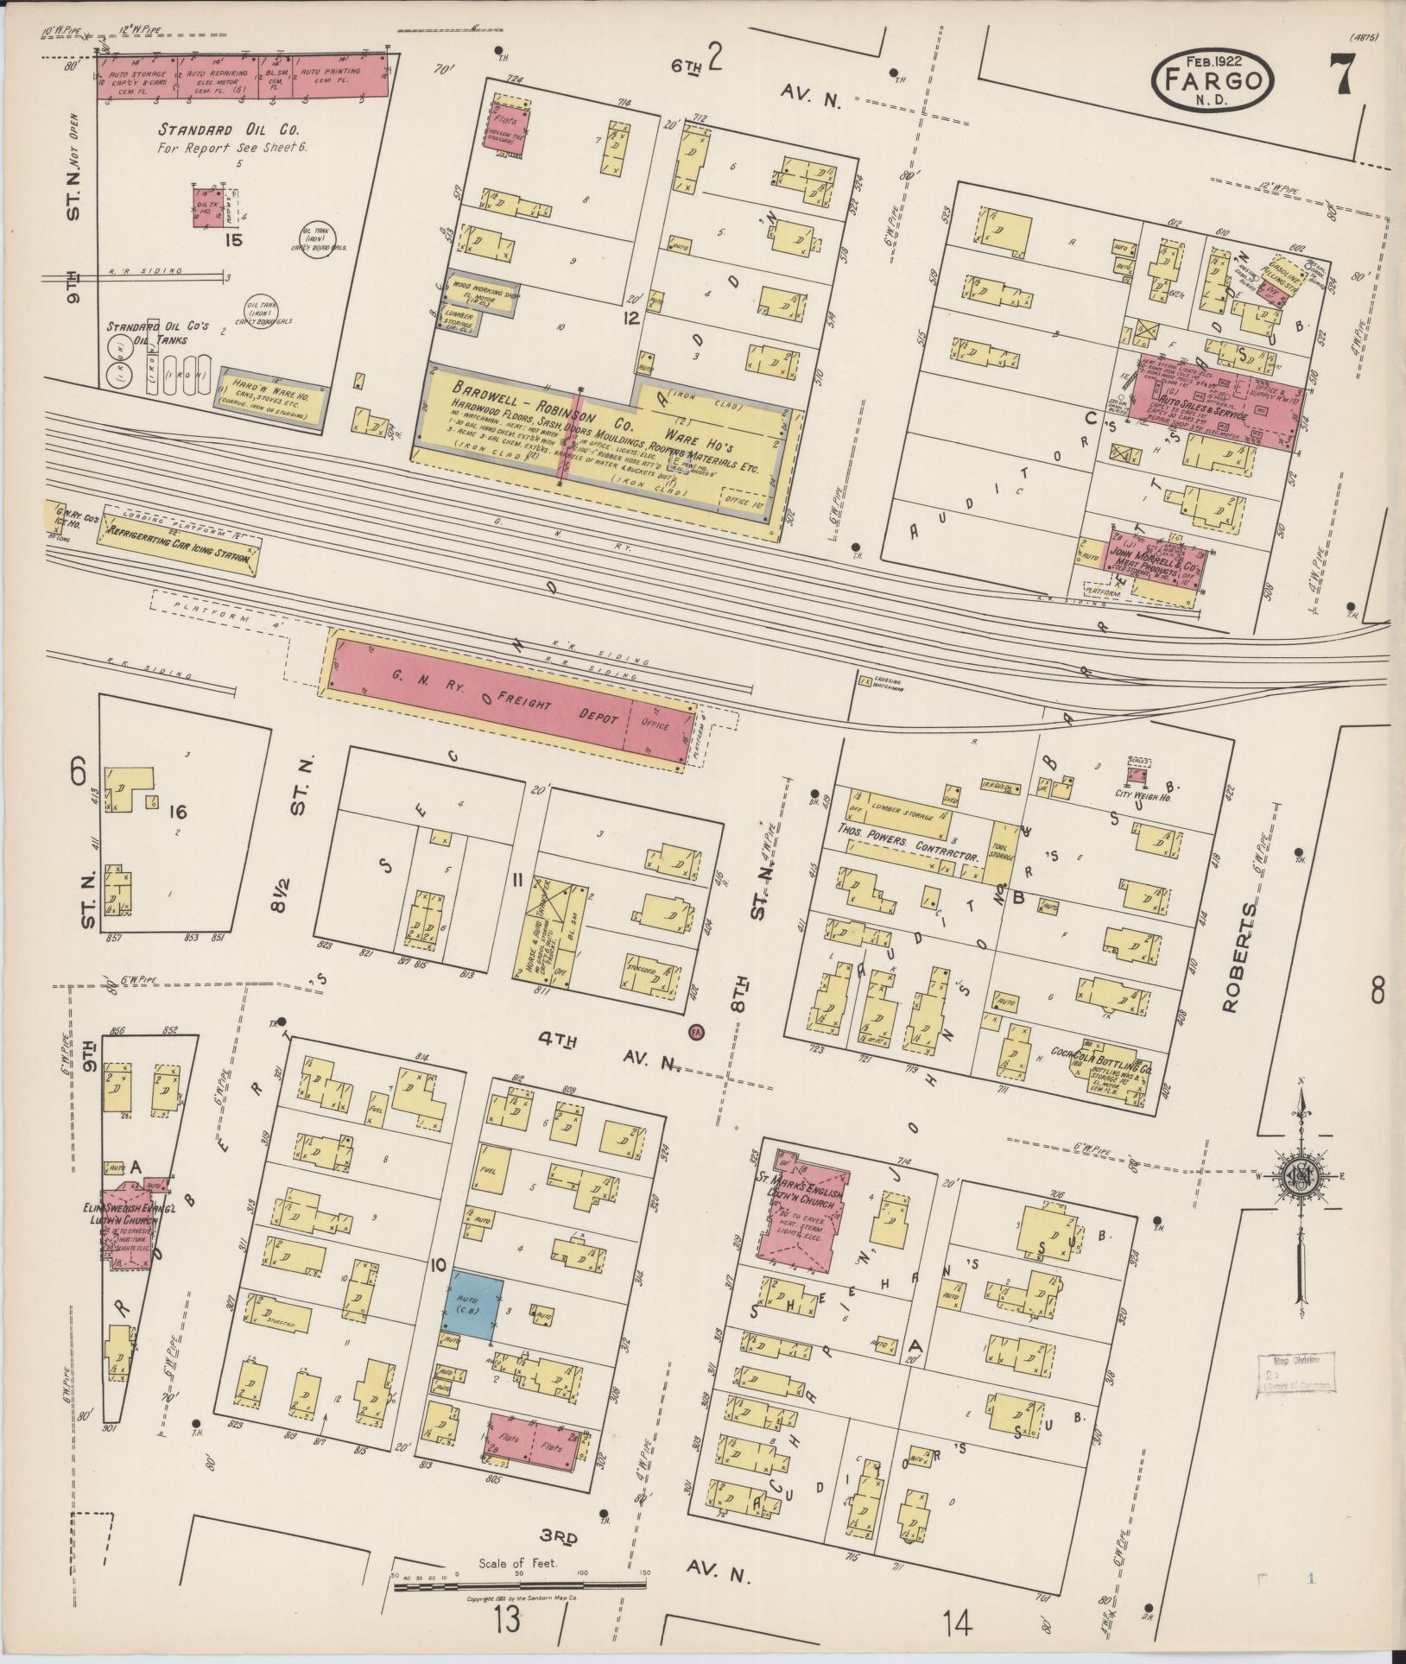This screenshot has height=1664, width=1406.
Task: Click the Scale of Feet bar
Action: (518, 1574)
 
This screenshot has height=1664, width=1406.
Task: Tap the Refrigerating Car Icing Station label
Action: (178, 547)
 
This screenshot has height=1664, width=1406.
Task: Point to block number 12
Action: (632, 318)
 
